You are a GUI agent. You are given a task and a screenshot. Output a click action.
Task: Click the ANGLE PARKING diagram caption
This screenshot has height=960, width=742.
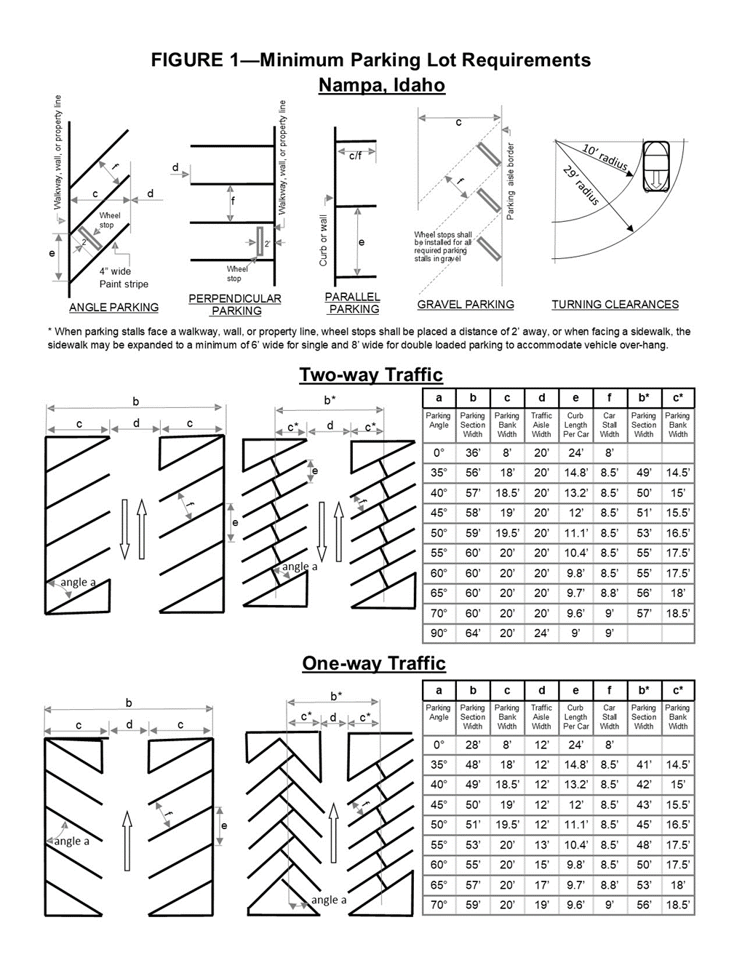click(x=113, y=308)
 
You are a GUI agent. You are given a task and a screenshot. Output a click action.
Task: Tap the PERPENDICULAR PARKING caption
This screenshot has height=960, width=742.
click(x=235, y=305)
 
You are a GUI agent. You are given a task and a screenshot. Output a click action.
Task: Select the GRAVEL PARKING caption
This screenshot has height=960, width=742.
click(x=466, y=305)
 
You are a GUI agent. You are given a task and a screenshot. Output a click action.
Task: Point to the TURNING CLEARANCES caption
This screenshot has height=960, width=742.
click(x=615, y=305)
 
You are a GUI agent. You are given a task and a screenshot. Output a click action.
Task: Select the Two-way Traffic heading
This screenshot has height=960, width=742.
click(x=371, y=375)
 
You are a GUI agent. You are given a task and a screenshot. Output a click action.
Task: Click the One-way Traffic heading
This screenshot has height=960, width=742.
click(x=374, y=663)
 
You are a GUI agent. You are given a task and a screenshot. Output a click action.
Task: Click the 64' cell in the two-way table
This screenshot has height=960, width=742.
click(x=473, y=633)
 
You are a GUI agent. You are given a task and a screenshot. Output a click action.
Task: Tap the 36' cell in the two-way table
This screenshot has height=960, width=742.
click(x=473, y=452)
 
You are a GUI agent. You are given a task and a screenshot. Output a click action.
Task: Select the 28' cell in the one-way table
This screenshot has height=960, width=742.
click(x=473, y=745)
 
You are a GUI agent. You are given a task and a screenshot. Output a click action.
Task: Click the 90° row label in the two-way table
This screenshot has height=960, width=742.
click(x=439, y=633)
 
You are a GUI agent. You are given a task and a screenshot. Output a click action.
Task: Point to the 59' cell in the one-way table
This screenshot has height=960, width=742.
click(x=473, y=905)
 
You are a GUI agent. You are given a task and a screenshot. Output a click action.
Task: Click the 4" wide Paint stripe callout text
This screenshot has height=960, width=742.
click(x=123, y=278)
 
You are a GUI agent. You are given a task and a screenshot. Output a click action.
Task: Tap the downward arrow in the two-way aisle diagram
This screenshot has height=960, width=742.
click(x=124, y=529)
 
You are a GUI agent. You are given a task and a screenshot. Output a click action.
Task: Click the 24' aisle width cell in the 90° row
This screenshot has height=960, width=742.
click(x=541, y=633)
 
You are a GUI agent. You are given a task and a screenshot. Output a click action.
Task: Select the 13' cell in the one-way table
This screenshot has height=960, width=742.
click(x=541, y=845)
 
